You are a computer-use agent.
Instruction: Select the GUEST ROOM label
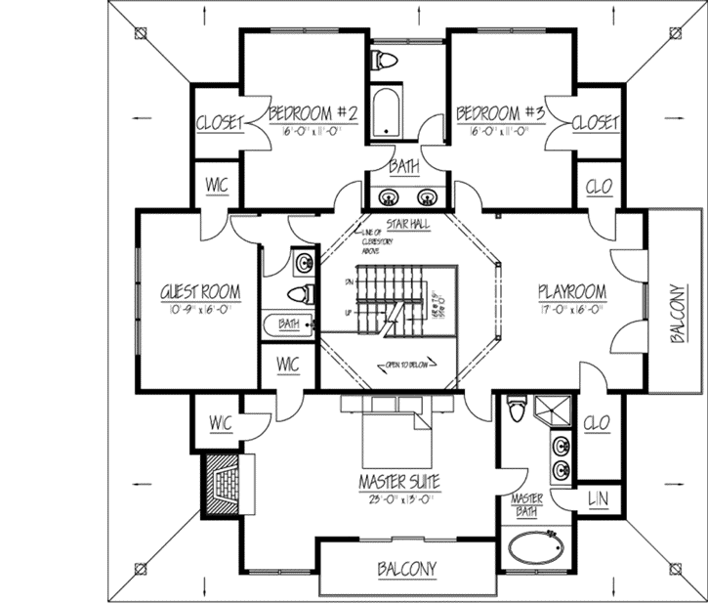[x=200, y=292]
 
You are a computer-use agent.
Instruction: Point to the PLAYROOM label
[x=572, y=292]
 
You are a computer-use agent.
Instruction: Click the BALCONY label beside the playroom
[x=677, y=315]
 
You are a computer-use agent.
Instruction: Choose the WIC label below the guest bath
[x=287, y=364]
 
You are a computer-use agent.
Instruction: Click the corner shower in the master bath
[x=559, y=410]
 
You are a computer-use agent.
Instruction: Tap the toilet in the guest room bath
[x=300, y=292]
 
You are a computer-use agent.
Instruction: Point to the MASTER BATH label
[x=527, y=506]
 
